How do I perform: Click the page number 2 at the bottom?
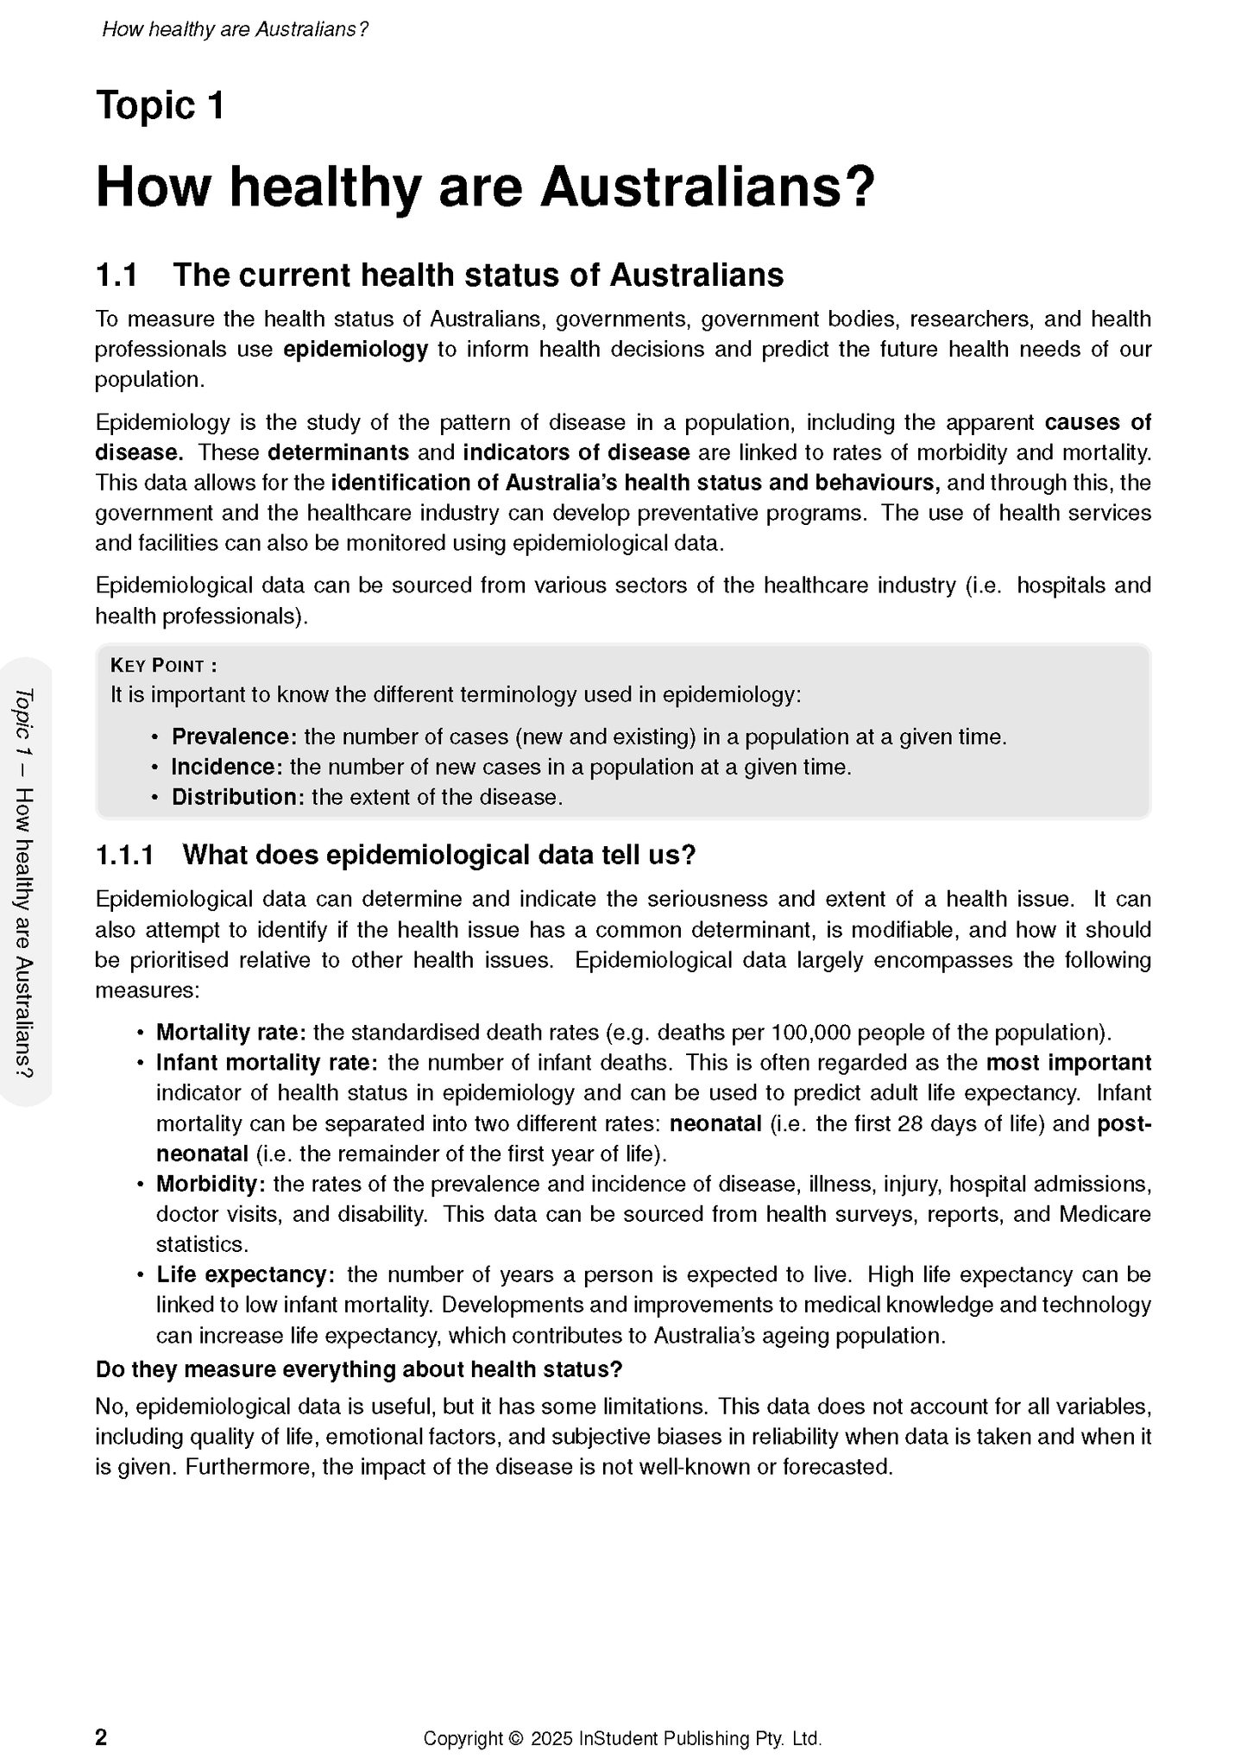click(101, 1737)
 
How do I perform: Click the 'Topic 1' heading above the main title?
click(161, 106)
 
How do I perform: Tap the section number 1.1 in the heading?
click(117, 275)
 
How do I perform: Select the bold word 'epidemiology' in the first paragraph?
click(356, 350)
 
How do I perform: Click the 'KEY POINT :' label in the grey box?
click(163, 666)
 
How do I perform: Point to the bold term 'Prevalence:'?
click(234, 737)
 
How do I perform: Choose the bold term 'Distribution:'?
click(238, 798)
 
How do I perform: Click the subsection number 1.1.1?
click(124, 856)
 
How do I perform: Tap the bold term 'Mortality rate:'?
click(230, 1033)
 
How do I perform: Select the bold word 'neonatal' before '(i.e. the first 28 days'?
click(715, 1124)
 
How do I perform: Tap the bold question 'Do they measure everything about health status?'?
click(359, 1370)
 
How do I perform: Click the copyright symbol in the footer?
click(517, 1738)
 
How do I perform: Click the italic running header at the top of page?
click(235, 29)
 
